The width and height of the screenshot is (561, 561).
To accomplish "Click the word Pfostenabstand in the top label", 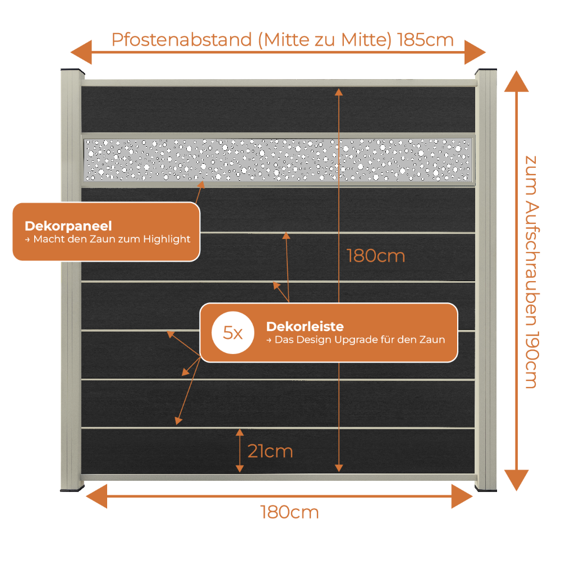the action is pos(182,40).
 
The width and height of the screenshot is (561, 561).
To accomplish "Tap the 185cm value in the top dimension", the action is pos(425,40).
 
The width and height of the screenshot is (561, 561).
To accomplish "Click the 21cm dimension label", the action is pos(270,451).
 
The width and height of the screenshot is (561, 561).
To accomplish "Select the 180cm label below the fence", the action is pos(289,512).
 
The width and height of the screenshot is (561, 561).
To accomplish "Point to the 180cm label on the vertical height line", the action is pos(376,256).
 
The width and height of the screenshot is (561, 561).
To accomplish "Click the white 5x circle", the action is pos(233,333).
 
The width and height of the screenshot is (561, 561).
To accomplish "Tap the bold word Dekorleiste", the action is pos(305,327).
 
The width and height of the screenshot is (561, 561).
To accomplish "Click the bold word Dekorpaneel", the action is pos(68,226).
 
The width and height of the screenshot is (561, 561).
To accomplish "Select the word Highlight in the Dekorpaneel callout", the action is pos(167,239).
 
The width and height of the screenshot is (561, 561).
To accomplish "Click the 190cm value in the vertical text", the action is pos(532,360).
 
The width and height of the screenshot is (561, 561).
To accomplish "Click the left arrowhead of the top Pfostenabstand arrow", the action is pos(81,52).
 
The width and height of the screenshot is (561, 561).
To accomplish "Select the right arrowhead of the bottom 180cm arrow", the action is pos(462,496).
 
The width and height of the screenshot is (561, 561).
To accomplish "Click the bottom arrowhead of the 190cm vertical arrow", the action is pos(516,480).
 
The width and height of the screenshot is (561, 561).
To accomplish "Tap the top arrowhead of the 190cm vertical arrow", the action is pos(516,81).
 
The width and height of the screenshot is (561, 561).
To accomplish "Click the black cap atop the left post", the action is pos(72,71).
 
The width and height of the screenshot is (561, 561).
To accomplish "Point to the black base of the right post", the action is pos(486,489).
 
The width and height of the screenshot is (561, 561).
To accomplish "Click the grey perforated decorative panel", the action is pos(278,160).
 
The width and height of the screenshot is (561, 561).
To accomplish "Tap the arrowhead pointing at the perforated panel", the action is pos(201,185).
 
